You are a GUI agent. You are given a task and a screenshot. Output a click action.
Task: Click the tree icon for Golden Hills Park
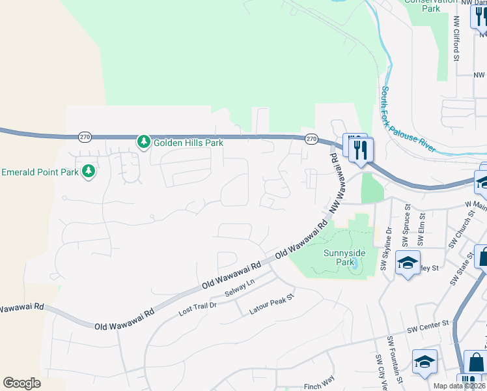tap(143, 141)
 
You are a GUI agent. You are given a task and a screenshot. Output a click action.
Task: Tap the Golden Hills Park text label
tap(188, 142)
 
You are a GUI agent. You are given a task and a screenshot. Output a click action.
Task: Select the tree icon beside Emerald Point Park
tap(89, 172)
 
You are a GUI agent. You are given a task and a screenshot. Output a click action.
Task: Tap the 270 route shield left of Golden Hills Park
tap(85, 137)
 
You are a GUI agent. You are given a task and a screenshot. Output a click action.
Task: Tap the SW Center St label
tap(428, 323)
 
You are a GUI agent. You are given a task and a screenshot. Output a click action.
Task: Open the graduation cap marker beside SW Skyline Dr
tap(408, 263)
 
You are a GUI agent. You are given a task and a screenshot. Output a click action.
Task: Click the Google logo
tap(21, 383)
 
